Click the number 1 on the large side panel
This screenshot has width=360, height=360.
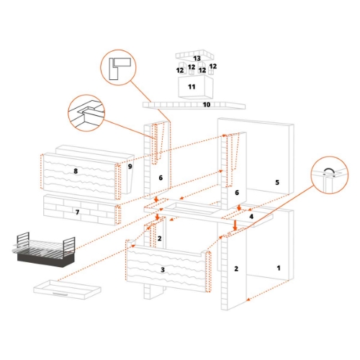point(279,267)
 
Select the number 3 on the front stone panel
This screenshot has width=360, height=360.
point(163,269)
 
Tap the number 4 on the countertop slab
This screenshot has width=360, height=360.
point(251,216)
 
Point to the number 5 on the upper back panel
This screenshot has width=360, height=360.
point(276,182)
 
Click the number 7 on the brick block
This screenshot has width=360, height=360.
point(78,213)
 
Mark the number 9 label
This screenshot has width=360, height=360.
point(130,166)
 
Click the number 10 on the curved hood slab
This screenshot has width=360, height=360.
point(206,104)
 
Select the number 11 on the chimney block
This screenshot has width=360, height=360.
point(192,86)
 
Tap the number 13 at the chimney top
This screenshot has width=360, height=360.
point(197,58)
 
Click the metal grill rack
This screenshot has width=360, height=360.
point(44,252)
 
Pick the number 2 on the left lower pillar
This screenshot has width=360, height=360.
point(160,238)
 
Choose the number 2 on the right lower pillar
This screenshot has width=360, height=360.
point(235,269)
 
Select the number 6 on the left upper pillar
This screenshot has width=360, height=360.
point(161,178)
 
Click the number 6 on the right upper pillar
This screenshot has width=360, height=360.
point(236,193)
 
